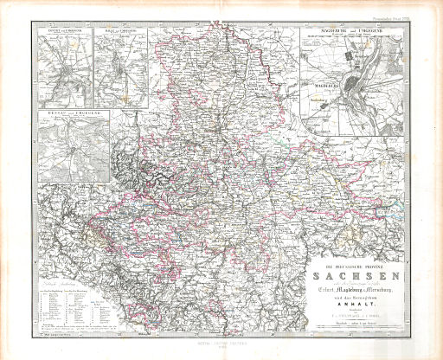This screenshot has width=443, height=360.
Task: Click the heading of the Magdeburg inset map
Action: click(351, 30)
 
